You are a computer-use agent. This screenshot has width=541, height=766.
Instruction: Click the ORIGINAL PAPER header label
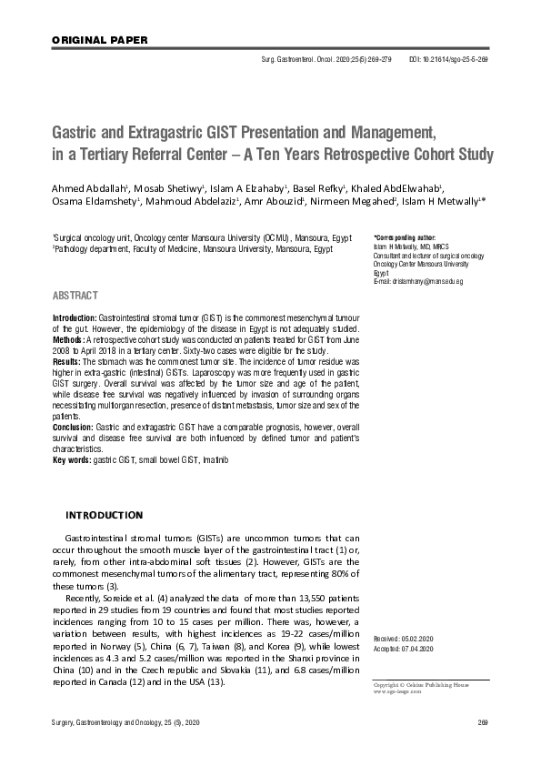89,40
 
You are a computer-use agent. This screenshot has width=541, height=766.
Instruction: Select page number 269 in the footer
483,722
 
